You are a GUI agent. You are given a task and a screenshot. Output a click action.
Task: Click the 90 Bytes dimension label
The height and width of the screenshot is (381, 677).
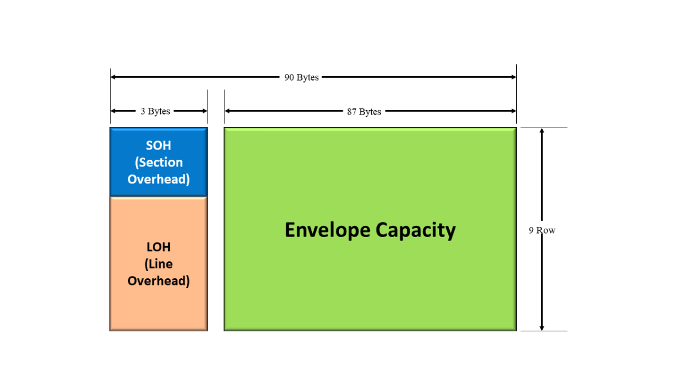point(301,77)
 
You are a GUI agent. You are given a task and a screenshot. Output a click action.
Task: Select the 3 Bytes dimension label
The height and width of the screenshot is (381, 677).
point(155,111)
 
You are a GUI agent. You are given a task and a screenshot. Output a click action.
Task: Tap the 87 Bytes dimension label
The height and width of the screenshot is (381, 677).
point(364,112)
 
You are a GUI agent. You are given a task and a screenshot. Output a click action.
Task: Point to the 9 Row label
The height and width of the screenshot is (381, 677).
point(542,230)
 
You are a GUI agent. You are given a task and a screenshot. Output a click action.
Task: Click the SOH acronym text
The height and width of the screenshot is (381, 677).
point(159,146)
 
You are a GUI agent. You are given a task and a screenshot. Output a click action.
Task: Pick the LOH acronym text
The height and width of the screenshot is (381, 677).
point(159,247)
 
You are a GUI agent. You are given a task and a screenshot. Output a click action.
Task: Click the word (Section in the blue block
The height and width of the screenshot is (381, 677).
point(159,163)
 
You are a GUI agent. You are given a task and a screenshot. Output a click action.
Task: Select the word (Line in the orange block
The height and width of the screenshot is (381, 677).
point(159,264)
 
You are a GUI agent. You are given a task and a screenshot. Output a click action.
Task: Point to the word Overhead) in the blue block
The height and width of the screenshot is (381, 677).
point(159,179)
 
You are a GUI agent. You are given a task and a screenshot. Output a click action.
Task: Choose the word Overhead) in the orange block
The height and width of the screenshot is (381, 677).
point(159,281)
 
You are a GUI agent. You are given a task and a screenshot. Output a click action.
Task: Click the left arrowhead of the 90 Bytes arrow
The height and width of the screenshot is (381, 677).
point(113,77)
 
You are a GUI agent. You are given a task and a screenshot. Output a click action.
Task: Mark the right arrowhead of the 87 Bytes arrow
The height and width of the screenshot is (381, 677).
point(513,111)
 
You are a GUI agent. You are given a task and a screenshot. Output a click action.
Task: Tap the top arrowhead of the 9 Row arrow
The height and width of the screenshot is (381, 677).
point(542,131)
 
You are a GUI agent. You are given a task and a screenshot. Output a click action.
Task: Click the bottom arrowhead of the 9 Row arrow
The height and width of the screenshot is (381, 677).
point(542,327)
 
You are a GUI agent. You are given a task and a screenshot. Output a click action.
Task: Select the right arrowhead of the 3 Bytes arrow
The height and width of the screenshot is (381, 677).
point(205,111)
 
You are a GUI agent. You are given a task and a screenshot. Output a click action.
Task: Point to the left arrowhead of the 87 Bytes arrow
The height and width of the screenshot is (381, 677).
point(227,111)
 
